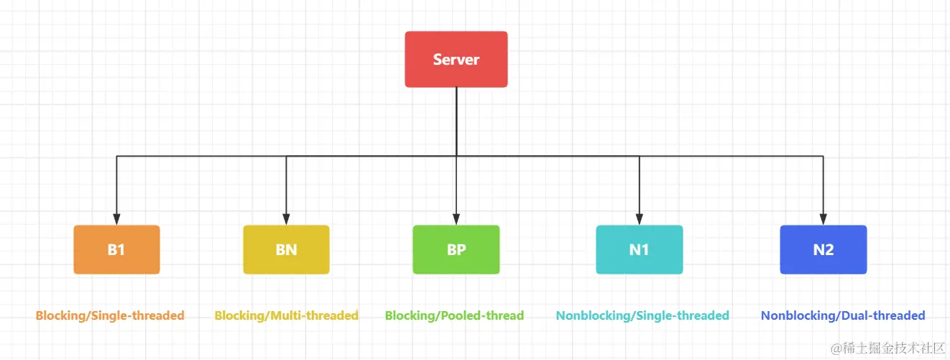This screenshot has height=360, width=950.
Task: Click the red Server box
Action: pos(456,60)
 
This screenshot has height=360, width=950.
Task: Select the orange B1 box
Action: pos(116,249)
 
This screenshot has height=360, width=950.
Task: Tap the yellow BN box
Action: pos(286,249)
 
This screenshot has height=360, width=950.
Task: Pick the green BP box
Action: pos(456,249)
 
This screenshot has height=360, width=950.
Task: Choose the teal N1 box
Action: pos(639,249)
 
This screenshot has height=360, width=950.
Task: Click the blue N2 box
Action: pos(824,249)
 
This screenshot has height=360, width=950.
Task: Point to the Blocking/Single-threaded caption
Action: pos(110,316)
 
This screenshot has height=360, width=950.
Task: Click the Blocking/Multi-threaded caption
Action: pos(286,316)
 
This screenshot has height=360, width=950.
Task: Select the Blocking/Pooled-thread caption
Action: pos(454,316)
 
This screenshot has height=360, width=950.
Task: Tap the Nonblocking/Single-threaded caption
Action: pos(642,316)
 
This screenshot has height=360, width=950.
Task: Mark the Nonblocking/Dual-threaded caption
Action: pos(843,316)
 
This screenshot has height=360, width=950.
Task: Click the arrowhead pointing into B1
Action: pos(116,219)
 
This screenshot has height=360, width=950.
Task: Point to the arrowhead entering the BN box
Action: pos(286,219)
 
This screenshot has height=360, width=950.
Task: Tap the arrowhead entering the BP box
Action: pos(456,219)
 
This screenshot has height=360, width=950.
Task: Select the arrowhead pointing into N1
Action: pos(639,219)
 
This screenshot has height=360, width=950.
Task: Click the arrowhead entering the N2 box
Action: pos(824,219)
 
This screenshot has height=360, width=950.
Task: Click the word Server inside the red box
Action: pos(456,60)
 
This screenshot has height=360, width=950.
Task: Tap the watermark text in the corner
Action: pos(887,348)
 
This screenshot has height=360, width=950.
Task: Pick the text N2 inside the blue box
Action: pos(824,250)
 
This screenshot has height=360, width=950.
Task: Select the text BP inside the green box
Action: pos(456,250)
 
